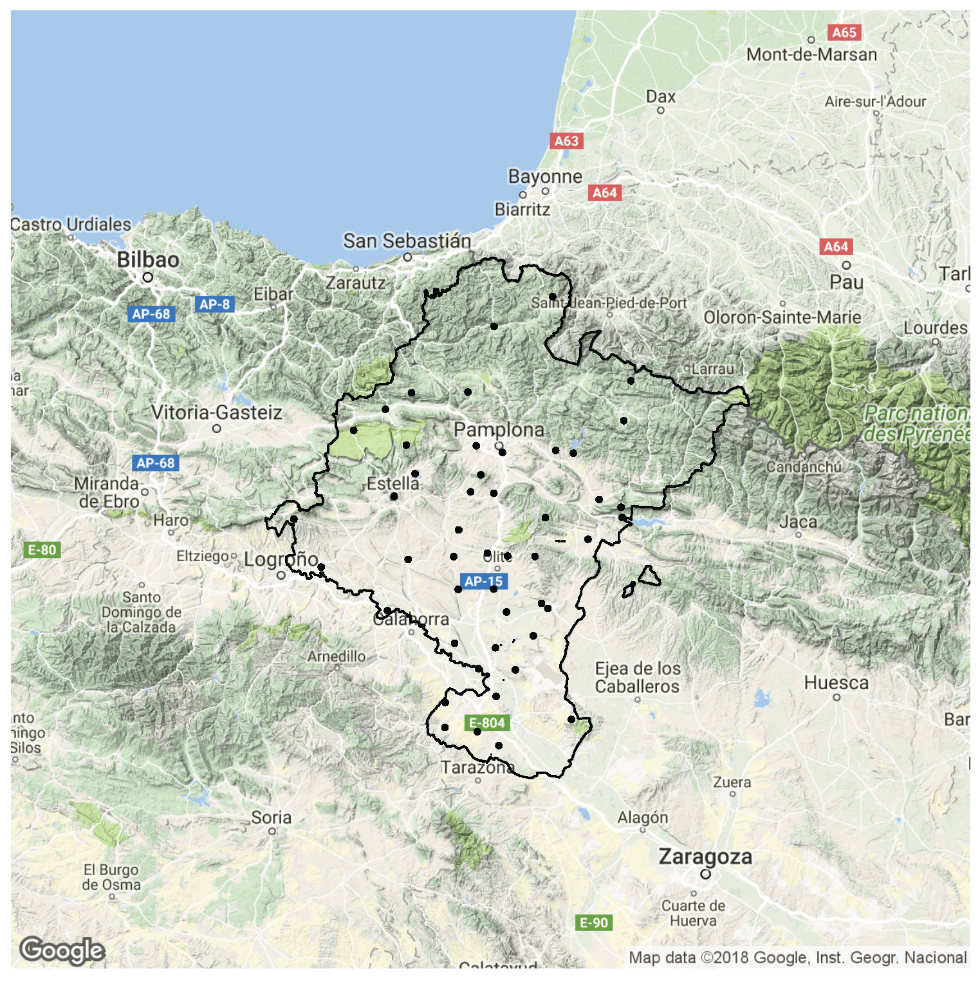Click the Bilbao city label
coord(148,259)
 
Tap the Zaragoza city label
coord(705,857)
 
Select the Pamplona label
coord(499,429)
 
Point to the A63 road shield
coord(566,141)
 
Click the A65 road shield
coord(844,32)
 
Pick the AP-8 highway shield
coord(214,304)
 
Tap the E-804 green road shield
coord(487,723)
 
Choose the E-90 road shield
coord(594,923)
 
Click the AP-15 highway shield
coord(483,581)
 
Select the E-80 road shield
coord(42,550)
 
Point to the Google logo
coord(62,950)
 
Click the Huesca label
coord(836,683)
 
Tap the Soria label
coord(271,817)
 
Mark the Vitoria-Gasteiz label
coord(216,412)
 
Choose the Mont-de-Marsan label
coord(811,55)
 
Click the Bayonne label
coord(545,176)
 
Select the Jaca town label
coord(798,521)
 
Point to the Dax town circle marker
coord(660,111)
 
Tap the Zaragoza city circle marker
coord(705,874)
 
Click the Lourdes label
coord(935,328)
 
